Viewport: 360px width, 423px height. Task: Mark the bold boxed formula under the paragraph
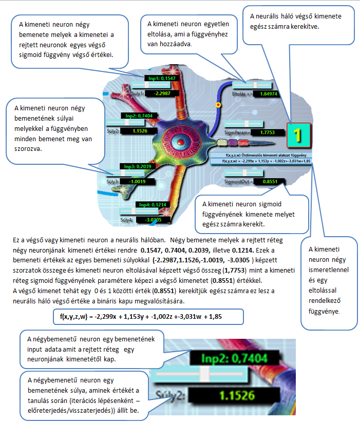point(141,316)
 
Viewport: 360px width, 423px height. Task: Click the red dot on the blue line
point(219,104)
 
